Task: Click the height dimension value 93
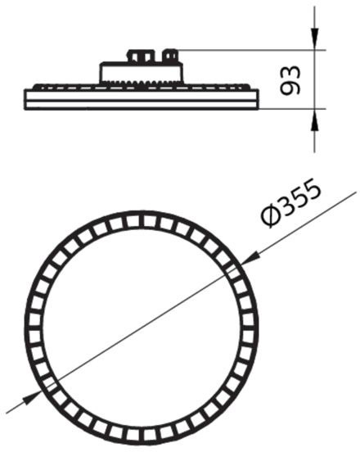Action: click(x=290, y=80)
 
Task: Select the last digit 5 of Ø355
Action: click(x=311, y=189)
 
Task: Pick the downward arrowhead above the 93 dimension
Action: click(x=314, y=37)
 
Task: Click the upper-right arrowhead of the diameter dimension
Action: click(x=250, y=258)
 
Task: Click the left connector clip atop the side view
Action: click(x=141, y=56)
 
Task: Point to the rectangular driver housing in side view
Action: click(x=141, y=73)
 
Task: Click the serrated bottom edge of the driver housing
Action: click(x=141, y=83)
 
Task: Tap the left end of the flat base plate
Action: click(x=25, y=100)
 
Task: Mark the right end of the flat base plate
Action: click(x=257, y=100)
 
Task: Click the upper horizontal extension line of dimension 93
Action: click(x=250, y=50)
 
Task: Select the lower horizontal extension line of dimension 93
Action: click(x=292, y=109)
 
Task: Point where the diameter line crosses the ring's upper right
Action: click(x=236, y=267)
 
